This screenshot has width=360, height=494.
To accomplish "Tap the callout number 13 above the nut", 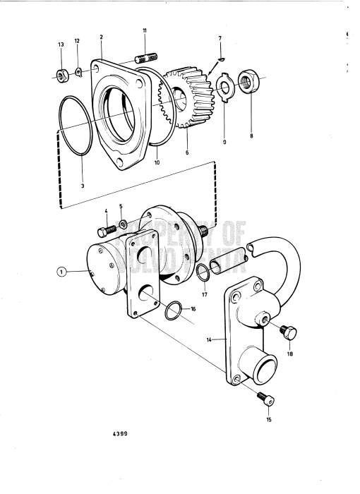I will click(x=60, y=44).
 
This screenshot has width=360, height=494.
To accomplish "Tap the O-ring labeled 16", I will click(x=177, y=308).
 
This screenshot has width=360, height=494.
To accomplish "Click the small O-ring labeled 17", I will click(x=201, y=272).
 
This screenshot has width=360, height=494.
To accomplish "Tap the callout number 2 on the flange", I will click(x=101, y=36).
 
